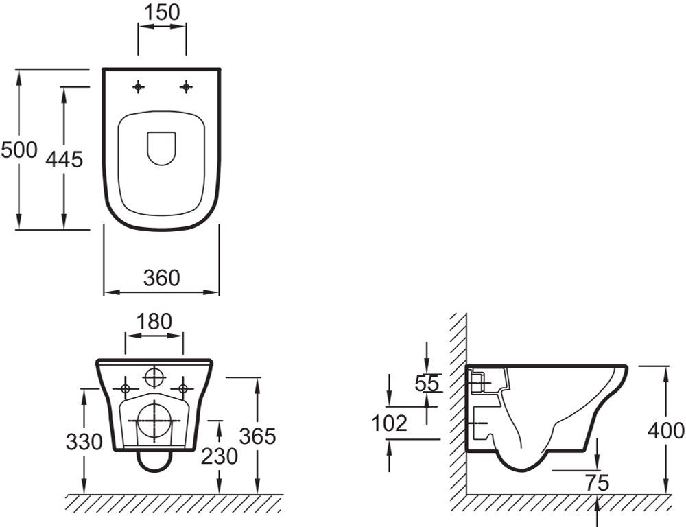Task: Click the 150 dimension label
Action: (163, 12)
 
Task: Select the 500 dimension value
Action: (19, 150)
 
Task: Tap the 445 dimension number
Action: (64, 159)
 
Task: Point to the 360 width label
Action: (161, 278)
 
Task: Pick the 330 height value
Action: (84, 442)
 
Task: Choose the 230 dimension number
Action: (219, 455)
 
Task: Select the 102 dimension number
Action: (390, 423)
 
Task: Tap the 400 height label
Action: (666, 431)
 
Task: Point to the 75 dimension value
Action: (597, 482)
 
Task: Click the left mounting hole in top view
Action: (139, 86)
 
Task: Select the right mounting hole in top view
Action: (185, 86)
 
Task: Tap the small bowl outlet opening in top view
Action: (162, 147)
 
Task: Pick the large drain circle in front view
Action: (155, 420)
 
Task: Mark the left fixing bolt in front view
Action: (126, 388)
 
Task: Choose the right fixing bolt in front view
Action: (182, 388)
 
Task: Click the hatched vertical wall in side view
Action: (458, 405)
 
